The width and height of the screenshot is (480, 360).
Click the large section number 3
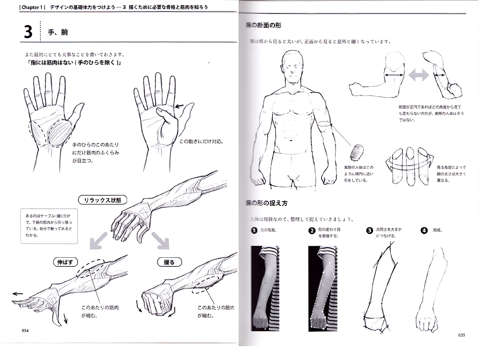point(28,32)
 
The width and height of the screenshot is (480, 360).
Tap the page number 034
point(26,330)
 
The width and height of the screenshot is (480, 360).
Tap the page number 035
point(461,335)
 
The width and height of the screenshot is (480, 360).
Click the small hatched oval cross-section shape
point(358,153)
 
